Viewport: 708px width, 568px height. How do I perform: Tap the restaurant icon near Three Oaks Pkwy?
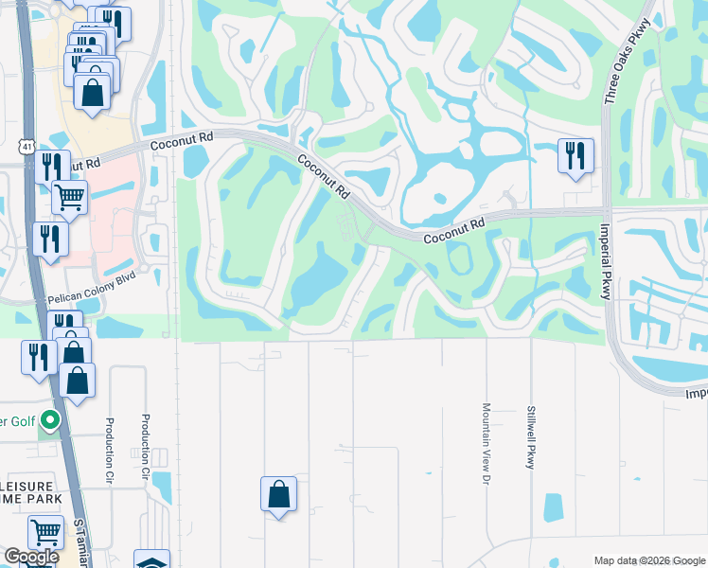click(x=575, y=155)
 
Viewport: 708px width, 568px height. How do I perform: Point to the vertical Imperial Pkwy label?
click(x=605, y=261)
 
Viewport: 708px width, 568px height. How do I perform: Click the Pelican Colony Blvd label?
click(x=85, y=296)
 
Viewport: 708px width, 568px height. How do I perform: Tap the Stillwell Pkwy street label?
click(x=531, y=437)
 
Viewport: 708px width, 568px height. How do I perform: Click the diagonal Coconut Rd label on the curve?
click(x=321, y=175)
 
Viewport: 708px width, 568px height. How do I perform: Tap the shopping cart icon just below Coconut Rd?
click(x=69, y=197)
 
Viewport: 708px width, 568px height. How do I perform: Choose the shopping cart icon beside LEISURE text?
click(x=45, y=532)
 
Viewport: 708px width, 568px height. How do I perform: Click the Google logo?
click(x=31, y=557)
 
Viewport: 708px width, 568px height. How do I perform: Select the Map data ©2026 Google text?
click(x=649, y=560)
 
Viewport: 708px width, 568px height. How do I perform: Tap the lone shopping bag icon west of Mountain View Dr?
click(x=278, y=493)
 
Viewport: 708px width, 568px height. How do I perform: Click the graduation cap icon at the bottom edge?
click(x=151, y=560)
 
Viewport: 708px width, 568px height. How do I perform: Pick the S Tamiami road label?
click(x=80, y=539)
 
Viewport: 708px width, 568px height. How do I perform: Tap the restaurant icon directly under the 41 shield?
click(x=52, y=168)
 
